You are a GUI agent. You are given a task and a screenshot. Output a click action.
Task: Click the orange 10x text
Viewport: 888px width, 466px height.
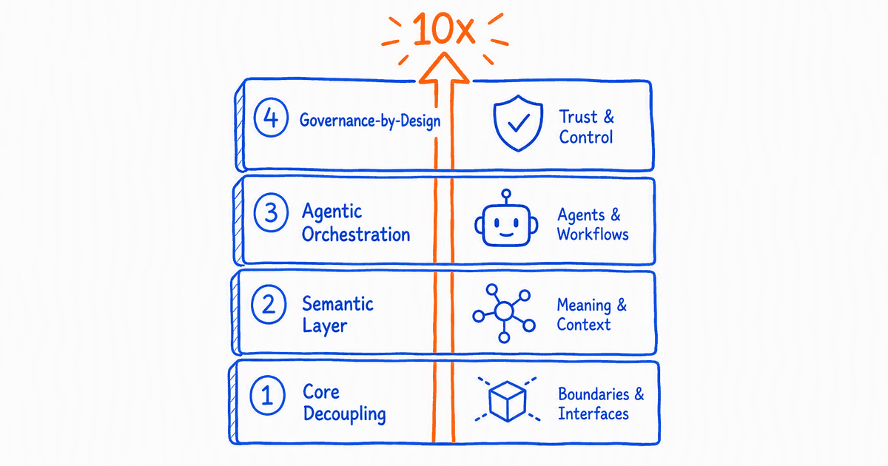443,29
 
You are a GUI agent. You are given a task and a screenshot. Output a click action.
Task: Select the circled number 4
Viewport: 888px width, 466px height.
271,118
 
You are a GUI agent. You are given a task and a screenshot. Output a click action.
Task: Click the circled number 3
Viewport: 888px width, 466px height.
271,212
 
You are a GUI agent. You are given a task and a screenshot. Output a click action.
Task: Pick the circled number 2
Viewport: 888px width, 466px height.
269,304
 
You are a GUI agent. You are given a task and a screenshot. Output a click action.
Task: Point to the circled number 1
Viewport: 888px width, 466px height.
267,395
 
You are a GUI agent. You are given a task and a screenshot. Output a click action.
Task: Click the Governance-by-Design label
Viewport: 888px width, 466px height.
370,121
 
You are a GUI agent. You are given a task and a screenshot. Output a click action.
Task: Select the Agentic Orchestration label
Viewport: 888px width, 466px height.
356,223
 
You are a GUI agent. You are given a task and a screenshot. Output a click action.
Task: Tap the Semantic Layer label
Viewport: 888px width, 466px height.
337,315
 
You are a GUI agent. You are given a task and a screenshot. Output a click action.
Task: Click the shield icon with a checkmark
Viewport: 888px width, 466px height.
518,123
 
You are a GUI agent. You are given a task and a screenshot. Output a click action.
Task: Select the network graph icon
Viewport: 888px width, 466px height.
504,313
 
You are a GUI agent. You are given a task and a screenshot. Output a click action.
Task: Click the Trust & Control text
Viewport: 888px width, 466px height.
586,126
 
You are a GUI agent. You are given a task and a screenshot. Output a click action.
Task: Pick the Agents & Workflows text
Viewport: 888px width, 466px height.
593,224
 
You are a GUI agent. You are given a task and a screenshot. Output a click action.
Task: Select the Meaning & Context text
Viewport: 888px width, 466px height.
591,314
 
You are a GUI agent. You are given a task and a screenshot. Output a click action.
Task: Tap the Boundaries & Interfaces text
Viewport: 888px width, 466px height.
601,404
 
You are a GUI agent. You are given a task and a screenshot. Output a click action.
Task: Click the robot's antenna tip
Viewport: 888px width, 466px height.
506,194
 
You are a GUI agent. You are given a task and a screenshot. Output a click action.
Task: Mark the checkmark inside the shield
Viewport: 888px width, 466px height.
519,123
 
